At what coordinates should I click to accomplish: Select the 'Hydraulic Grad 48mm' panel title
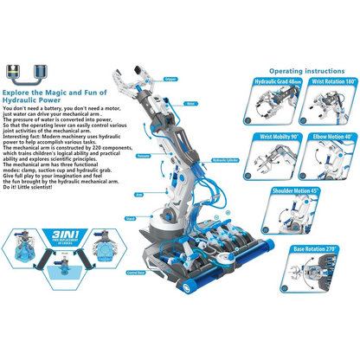tap(276, 81)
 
